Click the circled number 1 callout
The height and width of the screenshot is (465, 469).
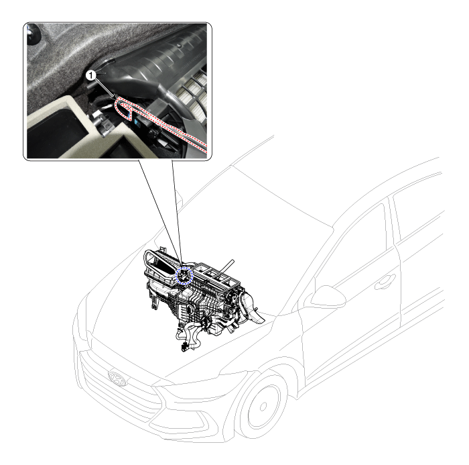point(90,76)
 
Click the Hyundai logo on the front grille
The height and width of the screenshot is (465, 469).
point(117,378)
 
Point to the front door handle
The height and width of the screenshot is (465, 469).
point(385,282)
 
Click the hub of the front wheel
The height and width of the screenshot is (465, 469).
point(263,407)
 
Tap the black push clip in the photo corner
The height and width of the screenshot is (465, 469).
point(33,33)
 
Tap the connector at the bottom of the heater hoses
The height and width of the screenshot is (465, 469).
point(184,347)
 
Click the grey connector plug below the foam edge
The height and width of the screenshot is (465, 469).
point(105,127)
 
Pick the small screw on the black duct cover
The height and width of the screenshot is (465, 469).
point(179,46)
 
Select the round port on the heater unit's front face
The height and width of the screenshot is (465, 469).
point(189,309)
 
